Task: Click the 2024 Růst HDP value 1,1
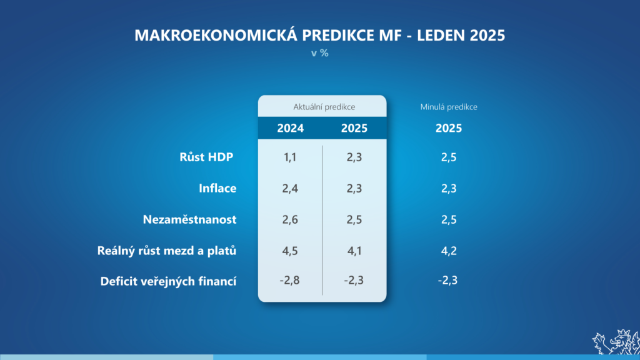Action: pos(290,157)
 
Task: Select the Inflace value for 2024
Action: pos(290,188)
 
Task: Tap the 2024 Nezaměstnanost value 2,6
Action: pos(290,219)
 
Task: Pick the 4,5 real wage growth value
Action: pos(290,251)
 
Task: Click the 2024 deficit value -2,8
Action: pos(289,281)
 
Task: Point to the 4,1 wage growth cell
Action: pos(354,251)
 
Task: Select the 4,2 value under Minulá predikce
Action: pos(449,251)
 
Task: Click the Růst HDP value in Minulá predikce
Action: pos(449,157)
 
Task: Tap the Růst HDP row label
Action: pos(206,157)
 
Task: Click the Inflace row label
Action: pos(217,188)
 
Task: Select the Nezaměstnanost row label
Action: pos(189,219)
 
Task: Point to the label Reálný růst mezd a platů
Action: pos(166,251)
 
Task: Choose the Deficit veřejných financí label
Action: pos(168,281)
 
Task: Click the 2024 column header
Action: pos(290,128)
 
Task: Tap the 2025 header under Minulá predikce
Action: pos(449,128)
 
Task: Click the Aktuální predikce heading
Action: pos(324,107)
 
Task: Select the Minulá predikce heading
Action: pos(449,107)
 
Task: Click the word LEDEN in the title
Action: pos(441,35)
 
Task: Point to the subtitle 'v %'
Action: pos(319,53)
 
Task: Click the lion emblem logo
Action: pos(616,342)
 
